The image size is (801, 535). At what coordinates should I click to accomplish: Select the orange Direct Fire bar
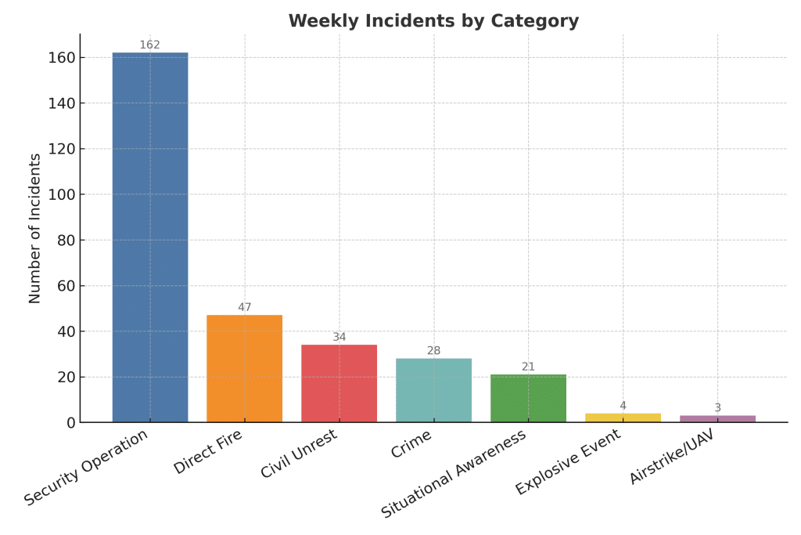coord(245,368)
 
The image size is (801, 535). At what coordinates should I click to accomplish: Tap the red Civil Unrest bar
coord(339,383)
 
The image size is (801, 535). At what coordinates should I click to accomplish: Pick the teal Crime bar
coord(434,390)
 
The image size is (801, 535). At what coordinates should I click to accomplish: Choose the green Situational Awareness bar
coord(528,398)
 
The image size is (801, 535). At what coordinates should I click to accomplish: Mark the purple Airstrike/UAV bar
coord(717,418)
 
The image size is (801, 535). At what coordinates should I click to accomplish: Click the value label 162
coord(150,45)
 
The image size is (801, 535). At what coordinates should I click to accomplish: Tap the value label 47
coord(245,307)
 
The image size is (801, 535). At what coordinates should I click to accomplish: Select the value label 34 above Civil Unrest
coord(339,337)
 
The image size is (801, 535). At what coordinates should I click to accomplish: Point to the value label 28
coord(434,350)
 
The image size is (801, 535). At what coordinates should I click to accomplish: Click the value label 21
coord(528,367)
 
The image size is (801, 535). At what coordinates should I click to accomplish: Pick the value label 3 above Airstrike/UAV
coord(717,407)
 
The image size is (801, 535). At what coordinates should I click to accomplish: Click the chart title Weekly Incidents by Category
coord(433,21)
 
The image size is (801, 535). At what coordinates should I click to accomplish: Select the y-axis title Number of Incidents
coord(35,228)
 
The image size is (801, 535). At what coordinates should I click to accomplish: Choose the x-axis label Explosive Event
coord(569,461)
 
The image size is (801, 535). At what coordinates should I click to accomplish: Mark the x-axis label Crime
coord(411,444)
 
